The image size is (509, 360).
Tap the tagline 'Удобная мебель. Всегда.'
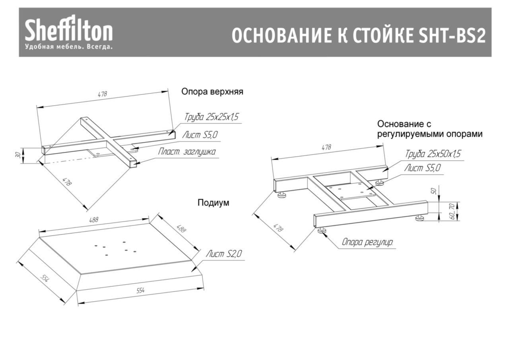(x=69, y=47)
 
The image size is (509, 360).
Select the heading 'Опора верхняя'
(x=212, y=92)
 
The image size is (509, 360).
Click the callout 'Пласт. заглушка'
(x=187, y=152)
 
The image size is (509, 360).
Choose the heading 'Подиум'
(x=214, y=203)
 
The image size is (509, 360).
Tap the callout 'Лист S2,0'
(x=223, y=254)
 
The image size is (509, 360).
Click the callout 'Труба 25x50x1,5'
(x=433, y=154)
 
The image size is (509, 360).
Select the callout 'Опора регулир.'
(x=368, y=242)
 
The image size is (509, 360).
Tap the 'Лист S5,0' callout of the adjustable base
(x=422, y=168)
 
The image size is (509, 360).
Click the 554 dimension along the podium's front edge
(x=140, y=291)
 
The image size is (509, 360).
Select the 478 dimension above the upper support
(x=103, y=95)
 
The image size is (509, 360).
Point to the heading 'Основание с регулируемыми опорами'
(x=429, y=129)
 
